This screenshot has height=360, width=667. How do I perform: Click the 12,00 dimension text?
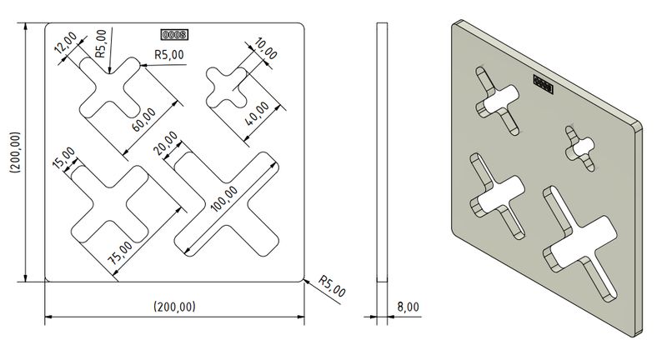tap(66, 44)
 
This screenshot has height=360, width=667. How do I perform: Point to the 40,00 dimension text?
tap(259, 113)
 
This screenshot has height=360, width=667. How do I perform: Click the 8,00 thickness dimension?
tap(408, 307)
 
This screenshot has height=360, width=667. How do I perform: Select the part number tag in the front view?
tap(174, 35)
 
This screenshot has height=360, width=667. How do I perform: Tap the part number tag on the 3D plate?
tap(544, 84)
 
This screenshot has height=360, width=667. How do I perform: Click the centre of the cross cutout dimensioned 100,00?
tap(227, 203)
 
